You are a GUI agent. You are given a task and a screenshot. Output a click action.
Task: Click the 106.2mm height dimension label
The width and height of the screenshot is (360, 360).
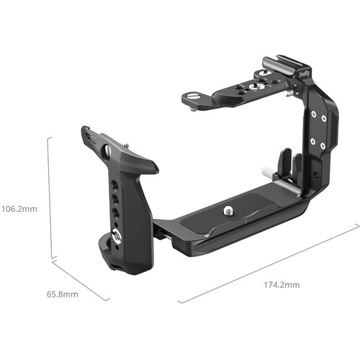20,210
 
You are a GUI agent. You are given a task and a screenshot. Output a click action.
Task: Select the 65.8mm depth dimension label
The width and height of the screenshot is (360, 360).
63,294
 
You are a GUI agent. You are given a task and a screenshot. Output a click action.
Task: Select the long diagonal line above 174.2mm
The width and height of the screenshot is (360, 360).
269,264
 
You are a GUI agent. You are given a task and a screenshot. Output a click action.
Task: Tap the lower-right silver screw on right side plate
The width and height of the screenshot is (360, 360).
323,141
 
